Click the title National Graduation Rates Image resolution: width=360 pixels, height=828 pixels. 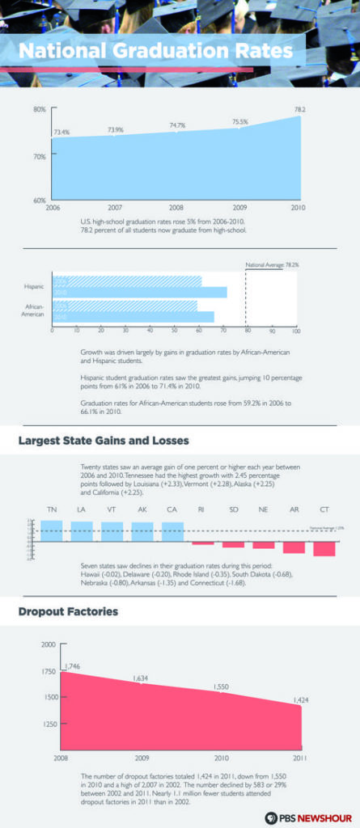click(x=155, y=51)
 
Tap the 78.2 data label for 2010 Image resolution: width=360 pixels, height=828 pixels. click(x=299, y=108)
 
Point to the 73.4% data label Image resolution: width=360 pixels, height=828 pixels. click(x=61, y=132)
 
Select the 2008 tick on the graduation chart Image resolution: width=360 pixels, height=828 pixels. click(x=176, y=208)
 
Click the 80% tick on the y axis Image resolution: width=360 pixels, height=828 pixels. click(x=39, y=109)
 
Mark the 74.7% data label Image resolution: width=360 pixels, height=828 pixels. click(x=177, y=125)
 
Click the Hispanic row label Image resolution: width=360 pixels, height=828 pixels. click(x=34, y=286)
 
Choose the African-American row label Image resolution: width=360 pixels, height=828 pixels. click(x=32, y=310)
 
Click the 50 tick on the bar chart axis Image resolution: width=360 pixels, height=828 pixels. click(x=174, y=331)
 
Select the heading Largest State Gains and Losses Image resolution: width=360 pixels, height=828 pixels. click(x=104, y=441)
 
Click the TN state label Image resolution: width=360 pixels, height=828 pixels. click(x=52, y=509)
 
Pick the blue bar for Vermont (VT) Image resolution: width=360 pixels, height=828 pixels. click(x=112, y=531)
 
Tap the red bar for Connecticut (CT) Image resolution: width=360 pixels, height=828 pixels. click(x=324, y=548)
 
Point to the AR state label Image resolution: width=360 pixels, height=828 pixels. click(x=294, y=509)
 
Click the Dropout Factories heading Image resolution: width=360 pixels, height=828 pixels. click(x=68, y=611)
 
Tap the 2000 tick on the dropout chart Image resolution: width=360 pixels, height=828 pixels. click(x=48, y=644)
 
